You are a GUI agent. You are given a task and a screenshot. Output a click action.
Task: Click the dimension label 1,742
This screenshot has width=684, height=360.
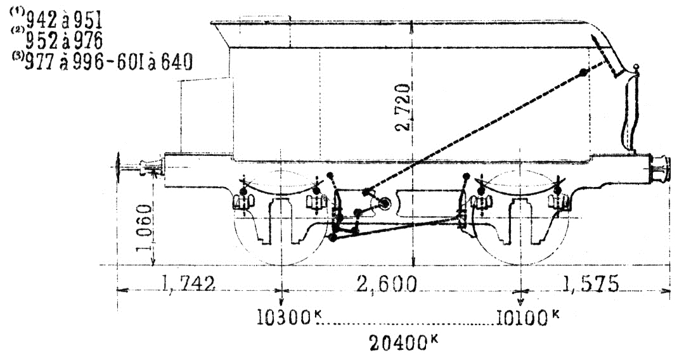pos(189,284)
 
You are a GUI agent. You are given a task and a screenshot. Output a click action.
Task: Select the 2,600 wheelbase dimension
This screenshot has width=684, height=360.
pos(387,284)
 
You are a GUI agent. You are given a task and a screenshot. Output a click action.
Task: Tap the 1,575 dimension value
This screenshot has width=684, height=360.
pos(590,284)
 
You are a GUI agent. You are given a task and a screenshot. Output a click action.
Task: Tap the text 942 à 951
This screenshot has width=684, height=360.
pos(63,20)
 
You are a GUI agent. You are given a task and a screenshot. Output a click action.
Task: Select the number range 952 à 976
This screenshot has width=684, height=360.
pos(63,41)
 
